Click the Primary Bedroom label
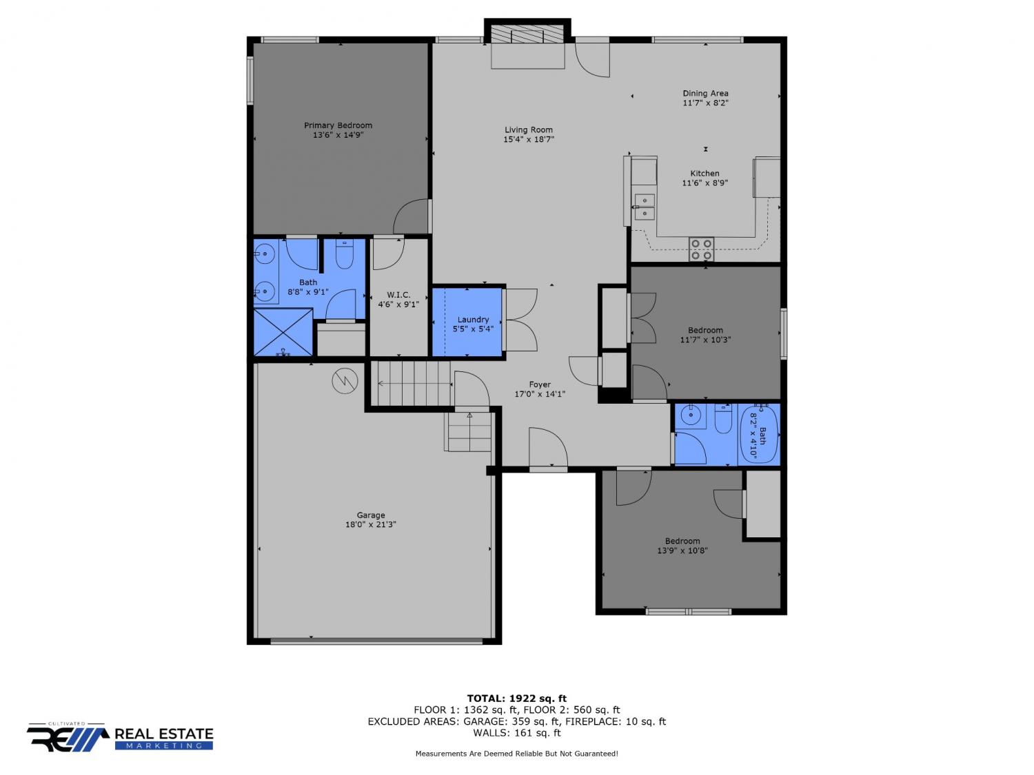[338, 125]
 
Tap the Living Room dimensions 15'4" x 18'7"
[529, 139]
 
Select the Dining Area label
[705, 93]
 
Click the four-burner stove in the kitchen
[701, 249]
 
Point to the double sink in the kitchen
[645, 207]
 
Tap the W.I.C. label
[398, 295]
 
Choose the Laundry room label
[473, 320]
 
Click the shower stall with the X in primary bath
[283, 332]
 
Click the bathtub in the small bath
[759, 434]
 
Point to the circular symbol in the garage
[345, 381]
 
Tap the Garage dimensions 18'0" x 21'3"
[371, 525]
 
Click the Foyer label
[539, 384]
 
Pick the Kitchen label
[704, 173]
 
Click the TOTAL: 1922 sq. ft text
[517, 699]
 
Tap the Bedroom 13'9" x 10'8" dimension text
[682, 550]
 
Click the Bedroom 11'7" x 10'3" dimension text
[705, 340]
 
